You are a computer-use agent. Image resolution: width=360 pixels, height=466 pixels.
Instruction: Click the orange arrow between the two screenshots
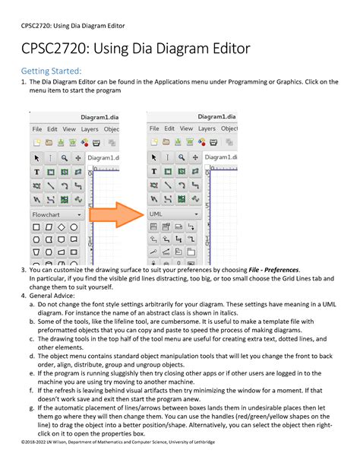(116, 214)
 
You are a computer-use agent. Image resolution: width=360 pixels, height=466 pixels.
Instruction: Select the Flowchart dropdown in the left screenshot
(57, 214)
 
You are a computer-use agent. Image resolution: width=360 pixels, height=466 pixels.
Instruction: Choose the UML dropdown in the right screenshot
(175, 214)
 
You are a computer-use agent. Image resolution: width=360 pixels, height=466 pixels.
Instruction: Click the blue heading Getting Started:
(51, 71)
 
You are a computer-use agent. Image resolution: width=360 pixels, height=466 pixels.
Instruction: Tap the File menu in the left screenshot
(36, 129)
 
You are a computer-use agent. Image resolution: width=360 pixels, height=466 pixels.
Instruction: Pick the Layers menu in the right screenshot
(207, 128)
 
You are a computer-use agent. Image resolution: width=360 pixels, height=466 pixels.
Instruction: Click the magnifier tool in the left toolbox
(64, 158)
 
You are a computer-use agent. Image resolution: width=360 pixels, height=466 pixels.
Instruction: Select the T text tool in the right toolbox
(154, 172)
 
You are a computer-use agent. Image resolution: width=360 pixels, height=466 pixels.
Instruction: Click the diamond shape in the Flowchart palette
(62, 227)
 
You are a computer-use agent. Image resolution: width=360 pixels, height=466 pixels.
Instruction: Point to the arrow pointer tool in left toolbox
(36, 158)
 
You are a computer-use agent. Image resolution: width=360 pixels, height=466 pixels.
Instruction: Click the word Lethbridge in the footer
(204, 442)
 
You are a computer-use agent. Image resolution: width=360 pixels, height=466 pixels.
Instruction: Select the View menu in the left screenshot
(69, 129)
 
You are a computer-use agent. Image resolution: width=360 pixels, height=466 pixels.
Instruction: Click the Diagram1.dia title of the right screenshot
(216, 116)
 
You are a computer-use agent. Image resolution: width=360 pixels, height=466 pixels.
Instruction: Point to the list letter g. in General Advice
(31, 408)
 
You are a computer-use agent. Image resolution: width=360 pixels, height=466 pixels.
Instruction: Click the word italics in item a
(228, 313)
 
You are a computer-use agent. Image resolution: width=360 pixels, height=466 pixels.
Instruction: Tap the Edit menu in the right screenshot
(169, 128)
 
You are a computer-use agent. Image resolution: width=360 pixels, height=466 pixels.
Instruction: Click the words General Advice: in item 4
(52, 296)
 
